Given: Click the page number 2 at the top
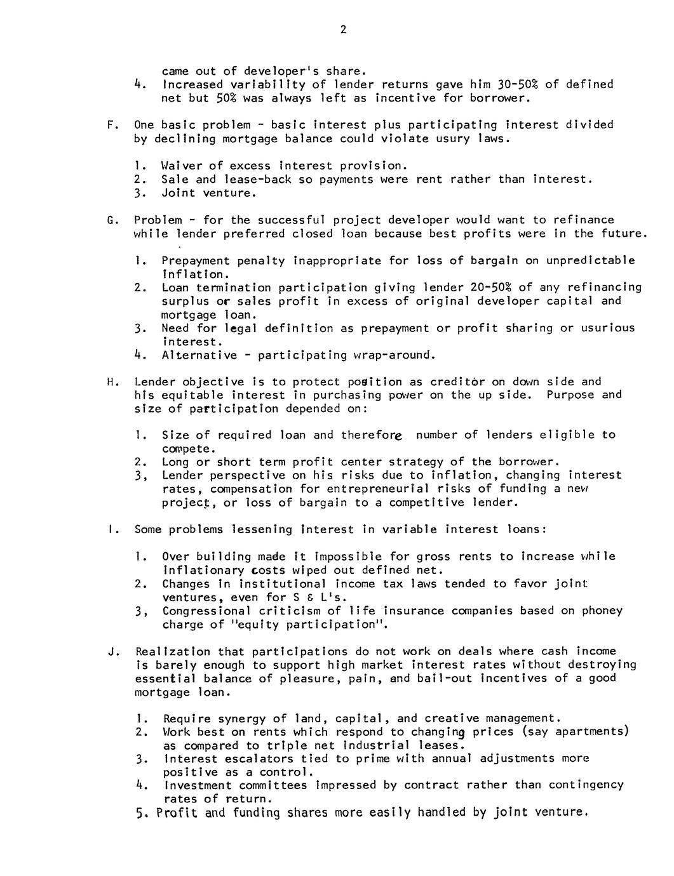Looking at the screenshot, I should click(x=343, y=30).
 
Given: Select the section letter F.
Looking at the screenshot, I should click(x=111, y=125).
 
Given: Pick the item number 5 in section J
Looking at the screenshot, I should click(x=140, y=814).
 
